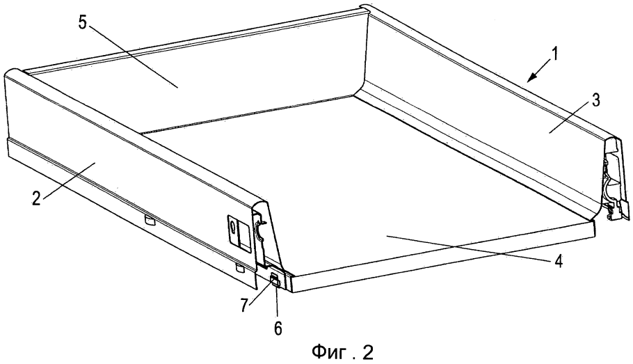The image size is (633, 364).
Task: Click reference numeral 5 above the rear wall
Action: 83,22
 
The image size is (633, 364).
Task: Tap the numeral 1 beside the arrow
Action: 555,54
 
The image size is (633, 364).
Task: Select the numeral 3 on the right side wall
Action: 596,101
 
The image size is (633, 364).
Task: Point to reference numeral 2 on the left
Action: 37,199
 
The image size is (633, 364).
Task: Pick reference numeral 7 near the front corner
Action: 244,306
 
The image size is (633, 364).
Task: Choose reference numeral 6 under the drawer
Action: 278,328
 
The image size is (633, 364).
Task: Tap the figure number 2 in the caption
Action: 368,352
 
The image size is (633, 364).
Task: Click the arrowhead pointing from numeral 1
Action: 533,76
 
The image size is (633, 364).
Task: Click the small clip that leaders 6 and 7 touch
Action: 275,279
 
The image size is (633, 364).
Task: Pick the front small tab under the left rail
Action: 240,268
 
